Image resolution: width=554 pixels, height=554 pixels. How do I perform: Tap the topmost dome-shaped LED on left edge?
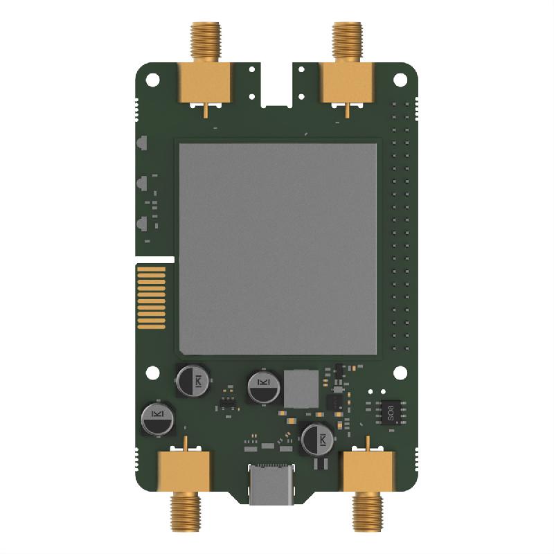(x=142, y=145)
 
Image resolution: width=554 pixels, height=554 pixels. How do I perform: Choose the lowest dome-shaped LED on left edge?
(x=142, y=224)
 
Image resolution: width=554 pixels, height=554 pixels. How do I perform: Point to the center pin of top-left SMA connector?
(x=206, y=109)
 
